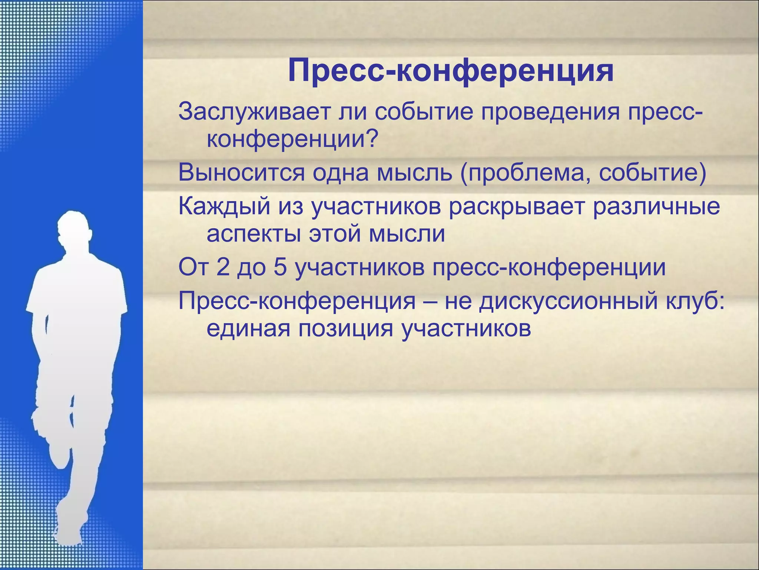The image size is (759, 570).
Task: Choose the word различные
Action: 656,206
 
